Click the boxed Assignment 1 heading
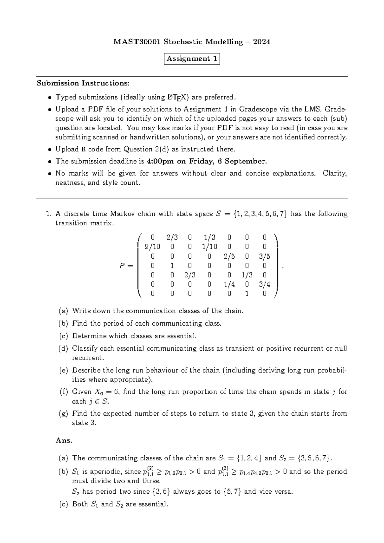(192, 59)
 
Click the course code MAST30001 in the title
(137, 42)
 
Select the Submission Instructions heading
(83, 83)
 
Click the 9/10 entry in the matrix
(152, 247)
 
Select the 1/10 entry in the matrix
(210, 247)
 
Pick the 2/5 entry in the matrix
(229, 256)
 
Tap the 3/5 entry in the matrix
(264, 256)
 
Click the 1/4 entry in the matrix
(229, 284)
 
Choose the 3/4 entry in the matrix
(264, 284)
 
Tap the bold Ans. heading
(64, 441)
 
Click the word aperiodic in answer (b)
(106, 472)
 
